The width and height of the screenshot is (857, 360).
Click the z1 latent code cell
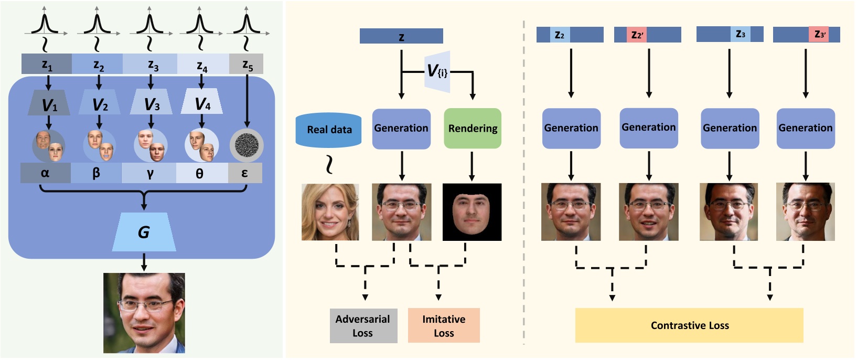pyautogui.click(x=46, y=64)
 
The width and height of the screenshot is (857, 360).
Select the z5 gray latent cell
pyautogui.click(x=246, y=64)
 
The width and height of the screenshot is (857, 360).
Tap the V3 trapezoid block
pyautogui.click(x=151, y=102)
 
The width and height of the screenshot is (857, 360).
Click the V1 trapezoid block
pyautogui.click(x=48, y=102)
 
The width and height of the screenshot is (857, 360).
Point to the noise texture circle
pyautogui.click(x=247, y=145)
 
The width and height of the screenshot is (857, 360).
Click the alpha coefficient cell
pyautogui.click(x=45, y=173)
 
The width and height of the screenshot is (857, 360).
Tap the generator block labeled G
pyautogui.click(x=144, y=231)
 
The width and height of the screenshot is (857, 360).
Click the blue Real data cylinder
pyautogui.click(x=329, y=130)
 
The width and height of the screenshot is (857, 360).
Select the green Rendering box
pyautogui.click(x=473, y=129)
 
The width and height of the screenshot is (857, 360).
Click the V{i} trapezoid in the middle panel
pyautogui.click(x=438, y=71)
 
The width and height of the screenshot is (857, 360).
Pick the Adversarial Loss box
pyautogui.click(x=363, y=325)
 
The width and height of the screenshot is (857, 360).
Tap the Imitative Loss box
pyautogui.click(x=444, y=325)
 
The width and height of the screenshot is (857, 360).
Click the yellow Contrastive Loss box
pyautogui.click(x=689, y=325)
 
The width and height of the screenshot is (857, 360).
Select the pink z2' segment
pyautogui.click(x=637, y=35)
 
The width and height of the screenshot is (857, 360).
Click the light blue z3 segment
pyautogui.click(x=740, y=34)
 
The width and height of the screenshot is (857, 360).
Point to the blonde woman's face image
pyautogui.click(x=330, y=212)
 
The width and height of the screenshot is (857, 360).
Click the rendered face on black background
pyautogui.click(x=472, y=212)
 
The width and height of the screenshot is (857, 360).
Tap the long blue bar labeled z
pyautogui.click(x=401, y=36)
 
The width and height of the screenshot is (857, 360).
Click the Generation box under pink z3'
pyautogui.click(x=805, y=128)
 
